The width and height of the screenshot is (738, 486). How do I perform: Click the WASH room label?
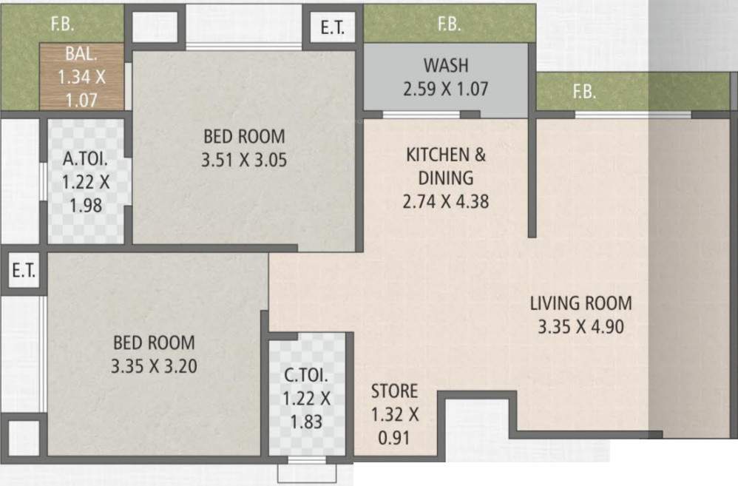[446, 65]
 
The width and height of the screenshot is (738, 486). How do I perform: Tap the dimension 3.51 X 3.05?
[244, 160]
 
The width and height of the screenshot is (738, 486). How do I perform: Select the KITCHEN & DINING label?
[446, 166]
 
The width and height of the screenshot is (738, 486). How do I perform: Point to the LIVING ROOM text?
[580, 303]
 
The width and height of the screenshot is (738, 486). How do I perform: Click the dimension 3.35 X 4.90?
[580, 327]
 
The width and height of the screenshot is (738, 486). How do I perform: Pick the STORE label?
[394, 391]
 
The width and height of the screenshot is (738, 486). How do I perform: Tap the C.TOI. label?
[306, 375]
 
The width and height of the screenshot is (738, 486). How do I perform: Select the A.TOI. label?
[85, 159]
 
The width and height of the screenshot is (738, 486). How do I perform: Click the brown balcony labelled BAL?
[81, 76]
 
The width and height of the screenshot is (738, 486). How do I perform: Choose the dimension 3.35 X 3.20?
[154, 366]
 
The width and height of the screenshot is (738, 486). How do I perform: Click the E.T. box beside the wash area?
[333, 27]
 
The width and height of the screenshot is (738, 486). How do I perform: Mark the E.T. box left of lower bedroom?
[24, 270]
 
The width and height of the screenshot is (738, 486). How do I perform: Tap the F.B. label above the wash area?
[450, 24]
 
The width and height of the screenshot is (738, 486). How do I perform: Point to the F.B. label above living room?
[585, 92]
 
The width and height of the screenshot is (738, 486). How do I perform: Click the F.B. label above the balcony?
[63, 24]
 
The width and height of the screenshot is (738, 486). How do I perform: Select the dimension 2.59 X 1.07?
[446, 89]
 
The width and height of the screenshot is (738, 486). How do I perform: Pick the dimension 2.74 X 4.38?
[446, 201]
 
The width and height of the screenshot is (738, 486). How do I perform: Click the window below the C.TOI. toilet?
[307, 460]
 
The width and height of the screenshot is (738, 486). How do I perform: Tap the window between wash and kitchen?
[422, 115]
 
